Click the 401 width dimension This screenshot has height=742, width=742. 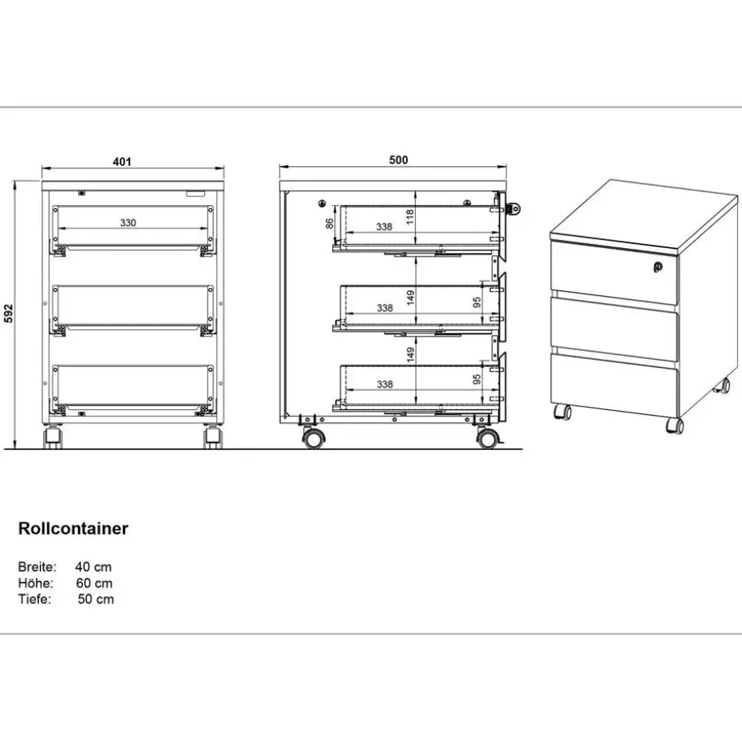121,161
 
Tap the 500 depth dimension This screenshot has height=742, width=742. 398,160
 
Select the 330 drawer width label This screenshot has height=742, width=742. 128,223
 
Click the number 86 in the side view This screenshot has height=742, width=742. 329,224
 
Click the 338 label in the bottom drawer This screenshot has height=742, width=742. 384,385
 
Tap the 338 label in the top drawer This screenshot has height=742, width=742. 384,227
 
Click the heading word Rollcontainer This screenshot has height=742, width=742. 73,528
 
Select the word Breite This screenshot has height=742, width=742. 37,567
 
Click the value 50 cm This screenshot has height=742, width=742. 96,599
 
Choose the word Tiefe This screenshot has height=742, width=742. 34,599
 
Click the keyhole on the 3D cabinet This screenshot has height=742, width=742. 658,267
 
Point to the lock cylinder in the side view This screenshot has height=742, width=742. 515,209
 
